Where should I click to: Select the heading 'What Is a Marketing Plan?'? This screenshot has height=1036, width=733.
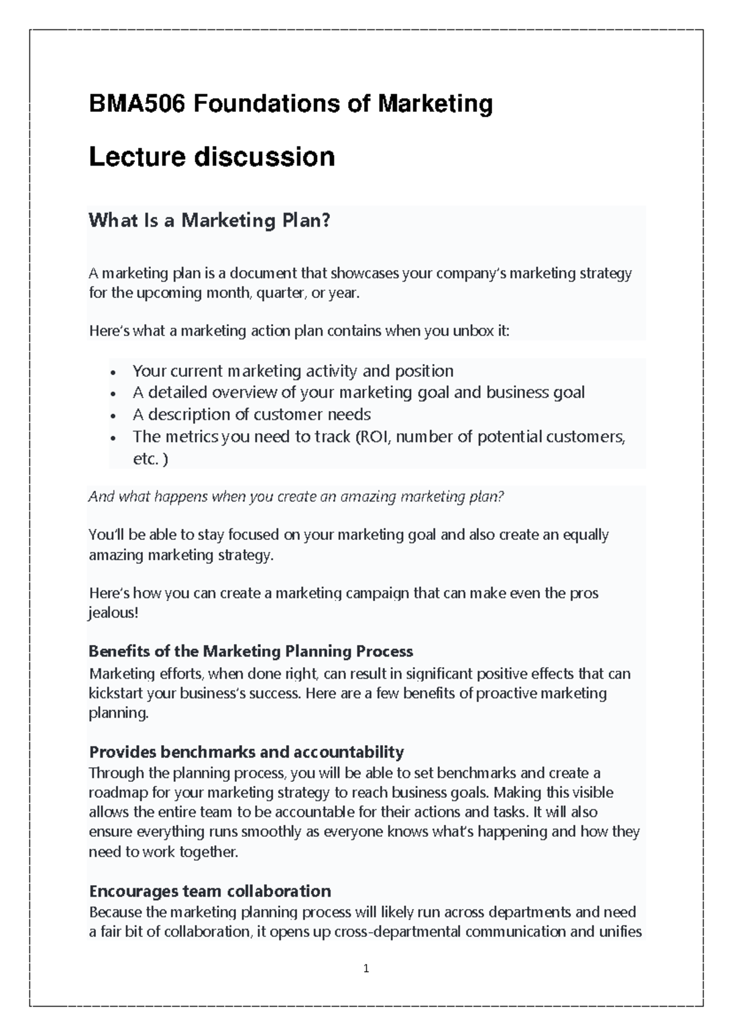coord(209,220)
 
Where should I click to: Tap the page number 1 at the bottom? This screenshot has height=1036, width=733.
coord(366,968)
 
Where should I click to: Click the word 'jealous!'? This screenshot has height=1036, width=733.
coord(114,613)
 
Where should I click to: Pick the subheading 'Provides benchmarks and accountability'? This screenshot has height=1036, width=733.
coord(246,751)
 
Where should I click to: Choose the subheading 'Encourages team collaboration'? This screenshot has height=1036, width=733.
coord(210,891)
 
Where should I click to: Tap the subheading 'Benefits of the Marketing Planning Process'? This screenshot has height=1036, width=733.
coord(250,651)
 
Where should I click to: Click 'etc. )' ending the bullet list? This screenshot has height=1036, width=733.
coord(150,459)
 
